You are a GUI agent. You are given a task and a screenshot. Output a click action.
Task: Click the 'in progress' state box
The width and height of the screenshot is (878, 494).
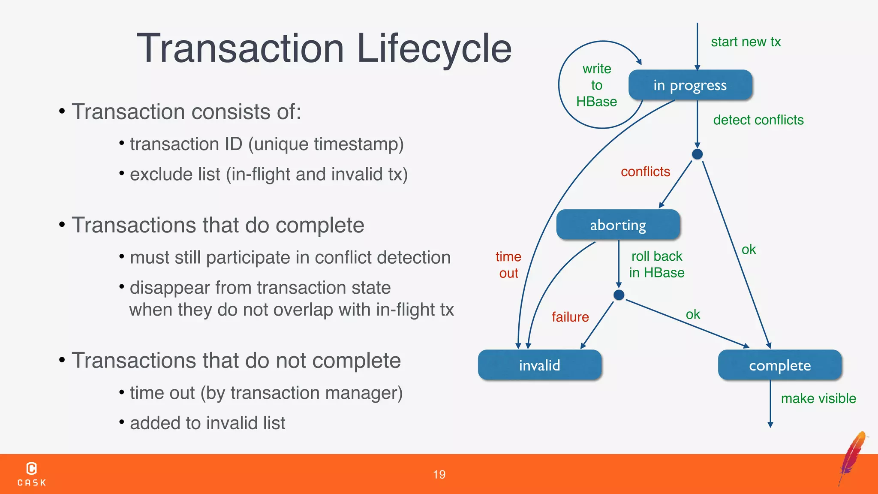pos(690,85)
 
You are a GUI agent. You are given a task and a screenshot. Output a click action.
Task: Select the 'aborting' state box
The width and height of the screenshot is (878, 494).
pos(618,225)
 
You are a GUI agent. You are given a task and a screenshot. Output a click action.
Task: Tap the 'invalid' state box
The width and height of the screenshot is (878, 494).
pos(539,365)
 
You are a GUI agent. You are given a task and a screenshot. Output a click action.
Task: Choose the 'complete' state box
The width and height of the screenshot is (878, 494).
pos(779,365)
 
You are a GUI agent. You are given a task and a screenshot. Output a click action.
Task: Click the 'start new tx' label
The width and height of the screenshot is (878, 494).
pos(746,42)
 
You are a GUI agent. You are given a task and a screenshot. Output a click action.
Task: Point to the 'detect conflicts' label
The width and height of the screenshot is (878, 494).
pos(758,120)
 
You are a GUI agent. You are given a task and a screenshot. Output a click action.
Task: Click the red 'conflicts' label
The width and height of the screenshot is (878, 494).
pos(645,172)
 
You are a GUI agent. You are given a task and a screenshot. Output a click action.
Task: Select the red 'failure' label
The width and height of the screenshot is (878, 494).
pos(570,317)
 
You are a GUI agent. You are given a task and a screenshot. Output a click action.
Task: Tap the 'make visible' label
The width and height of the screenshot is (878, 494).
pos(818,398)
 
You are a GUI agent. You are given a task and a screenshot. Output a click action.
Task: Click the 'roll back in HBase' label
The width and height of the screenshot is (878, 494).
pos(656,264)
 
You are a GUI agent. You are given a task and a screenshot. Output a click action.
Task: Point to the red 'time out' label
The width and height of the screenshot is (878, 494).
pos(508,265)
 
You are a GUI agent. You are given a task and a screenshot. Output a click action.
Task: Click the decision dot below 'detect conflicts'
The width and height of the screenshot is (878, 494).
pos(698,154)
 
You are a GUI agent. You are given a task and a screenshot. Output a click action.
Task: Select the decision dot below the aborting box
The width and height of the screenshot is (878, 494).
pos(619,295)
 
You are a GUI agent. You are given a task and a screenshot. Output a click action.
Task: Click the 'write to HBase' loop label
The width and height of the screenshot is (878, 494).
pos(596,85)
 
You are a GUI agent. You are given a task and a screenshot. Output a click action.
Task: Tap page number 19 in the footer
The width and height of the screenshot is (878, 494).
pos(439,474)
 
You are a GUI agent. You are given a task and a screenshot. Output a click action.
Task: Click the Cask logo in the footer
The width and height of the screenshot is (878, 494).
pos(32,474)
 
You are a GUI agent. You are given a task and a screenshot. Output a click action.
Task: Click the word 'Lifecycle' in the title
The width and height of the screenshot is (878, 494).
pos(434,48)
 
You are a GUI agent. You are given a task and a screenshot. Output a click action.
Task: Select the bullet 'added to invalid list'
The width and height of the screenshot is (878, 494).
pos(207,423)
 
